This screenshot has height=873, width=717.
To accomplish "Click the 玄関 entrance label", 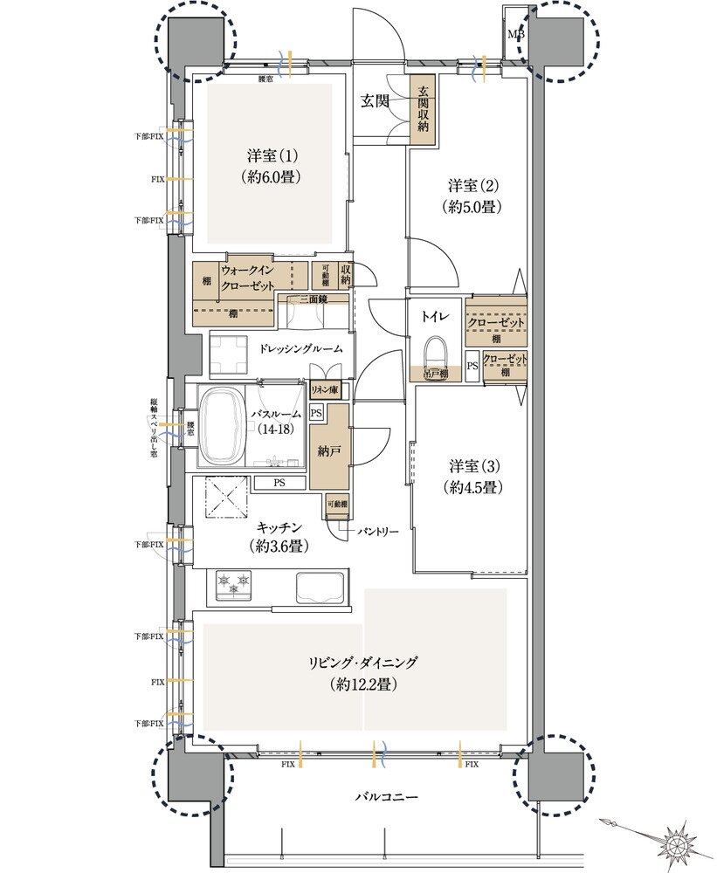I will [x=376, y=101].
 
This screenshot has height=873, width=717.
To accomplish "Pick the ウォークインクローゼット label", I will [x=250, y=278].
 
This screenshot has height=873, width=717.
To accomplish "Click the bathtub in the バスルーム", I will [x=225, y=427].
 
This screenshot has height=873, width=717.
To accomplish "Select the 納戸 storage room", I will [x=328, y=452].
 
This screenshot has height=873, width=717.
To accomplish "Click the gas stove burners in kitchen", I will [x=233, y=582].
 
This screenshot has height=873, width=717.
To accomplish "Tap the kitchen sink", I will [x=320, y=586].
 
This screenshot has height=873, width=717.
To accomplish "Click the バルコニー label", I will [x=387, y=797].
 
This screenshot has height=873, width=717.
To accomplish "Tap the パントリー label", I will [x=377, y=530].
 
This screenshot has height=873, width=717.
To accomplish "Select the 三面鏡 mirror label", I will [x=310, y=299].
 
